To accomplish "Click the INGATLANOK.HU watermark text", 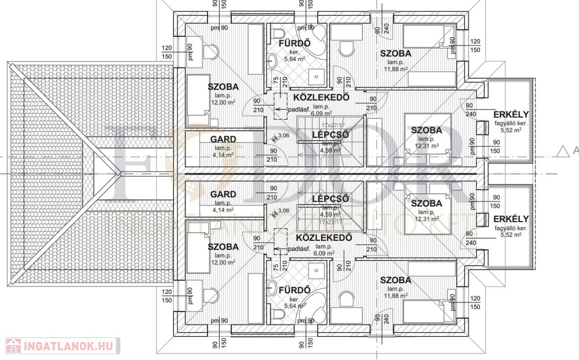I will [68, 344].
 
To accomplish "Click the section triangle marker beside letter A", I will [562, 150].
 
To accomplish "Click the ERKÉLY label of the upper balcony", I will [511, 113].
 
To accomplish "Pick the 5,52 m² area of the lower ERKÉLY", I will [510, 235].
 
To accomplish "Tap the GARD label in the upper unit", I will [223, 139].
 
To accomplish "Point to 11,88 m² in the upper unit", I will [395, 70].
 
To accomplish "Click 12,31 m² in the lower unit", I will [427, 219].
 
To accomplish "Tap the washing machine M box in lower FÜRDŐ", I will [317, 271].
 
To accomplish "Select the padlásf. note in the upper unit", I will [298, 109].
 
